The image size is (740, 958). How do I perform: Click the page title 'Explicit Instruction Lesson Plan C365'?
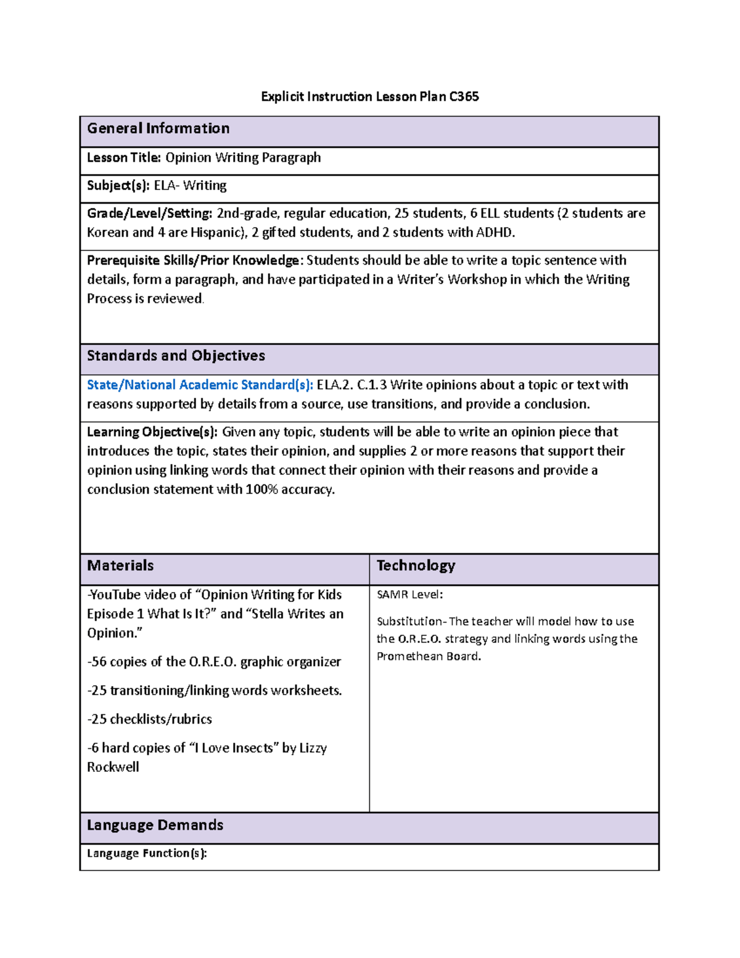click(x=369, y=96)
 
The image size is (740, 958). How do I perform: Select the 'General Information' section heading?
click(x=158, y=128)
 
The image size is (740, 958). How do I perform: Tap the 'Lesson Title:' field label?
click(x=123, y=157)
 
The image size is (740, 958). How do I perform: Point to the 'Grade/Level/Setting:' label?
click(x=149, y=213)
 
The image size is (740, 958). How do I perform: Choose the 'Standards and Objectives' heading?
click(x=176, y=355)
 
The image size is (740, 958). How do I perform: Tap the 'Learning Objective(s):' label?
click(x=152, y=432)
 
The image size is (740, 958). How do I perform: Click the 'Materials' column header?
click(x=120, y=565)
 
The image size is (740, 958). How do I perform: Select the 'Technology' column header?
click(x=416, y=565)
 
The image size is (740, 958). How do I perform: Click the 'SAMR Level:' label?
click(x=409, y=595)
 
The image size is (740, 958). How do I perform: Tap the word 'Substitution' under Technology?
click(x=409, y=621)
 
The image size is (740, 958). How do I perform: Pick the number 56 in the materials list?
click(x=99, y=662)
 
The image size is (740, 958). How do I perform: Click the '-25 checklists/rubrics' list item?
click(x=149, y=719)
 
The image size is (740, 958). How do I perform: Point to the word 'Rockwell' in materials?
click(x=113, y=767)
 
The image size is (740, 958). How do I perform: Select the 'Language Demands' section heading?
click(x=155, y=825)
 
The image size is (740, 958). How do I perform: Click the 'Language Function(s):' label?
click(x=147, y=853)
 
